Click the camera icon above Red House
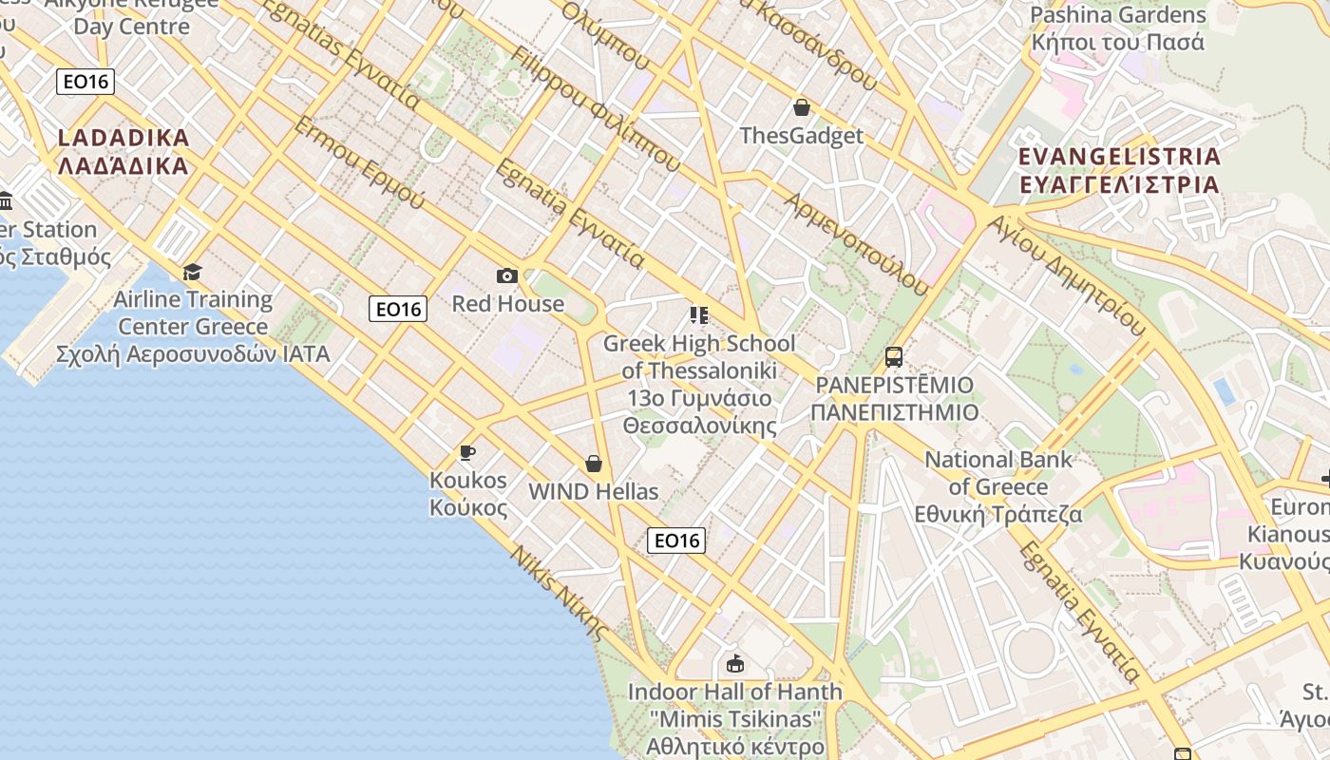(x=507, y=275)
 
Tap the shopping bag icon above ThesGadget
(x=801, y=107)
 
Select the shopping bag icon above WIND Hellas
(x=594, y=464)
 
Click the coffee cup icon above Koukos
(x=466, y=452)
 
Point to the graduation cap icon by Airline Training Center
(x=193, y=273)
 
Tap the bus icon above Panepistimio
(x=893, y=357)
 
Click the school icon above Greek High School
(x=699, y=315)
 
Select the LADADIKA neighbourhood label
(x=123, y=151)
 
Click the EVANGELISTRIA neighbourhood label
(x=1118, y=170)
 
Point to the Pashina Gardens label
(x=1118, y=28)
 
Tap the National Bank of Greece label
(x=998, y=486)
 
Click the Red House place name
(x=507, y=304)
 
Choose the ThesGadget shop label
(x=801, y=136)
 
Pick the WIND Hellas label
(x=594, y=492)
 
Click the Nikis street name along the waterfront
(x=559, y=592)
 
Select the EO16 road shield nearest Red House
(x=398, y=309)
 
